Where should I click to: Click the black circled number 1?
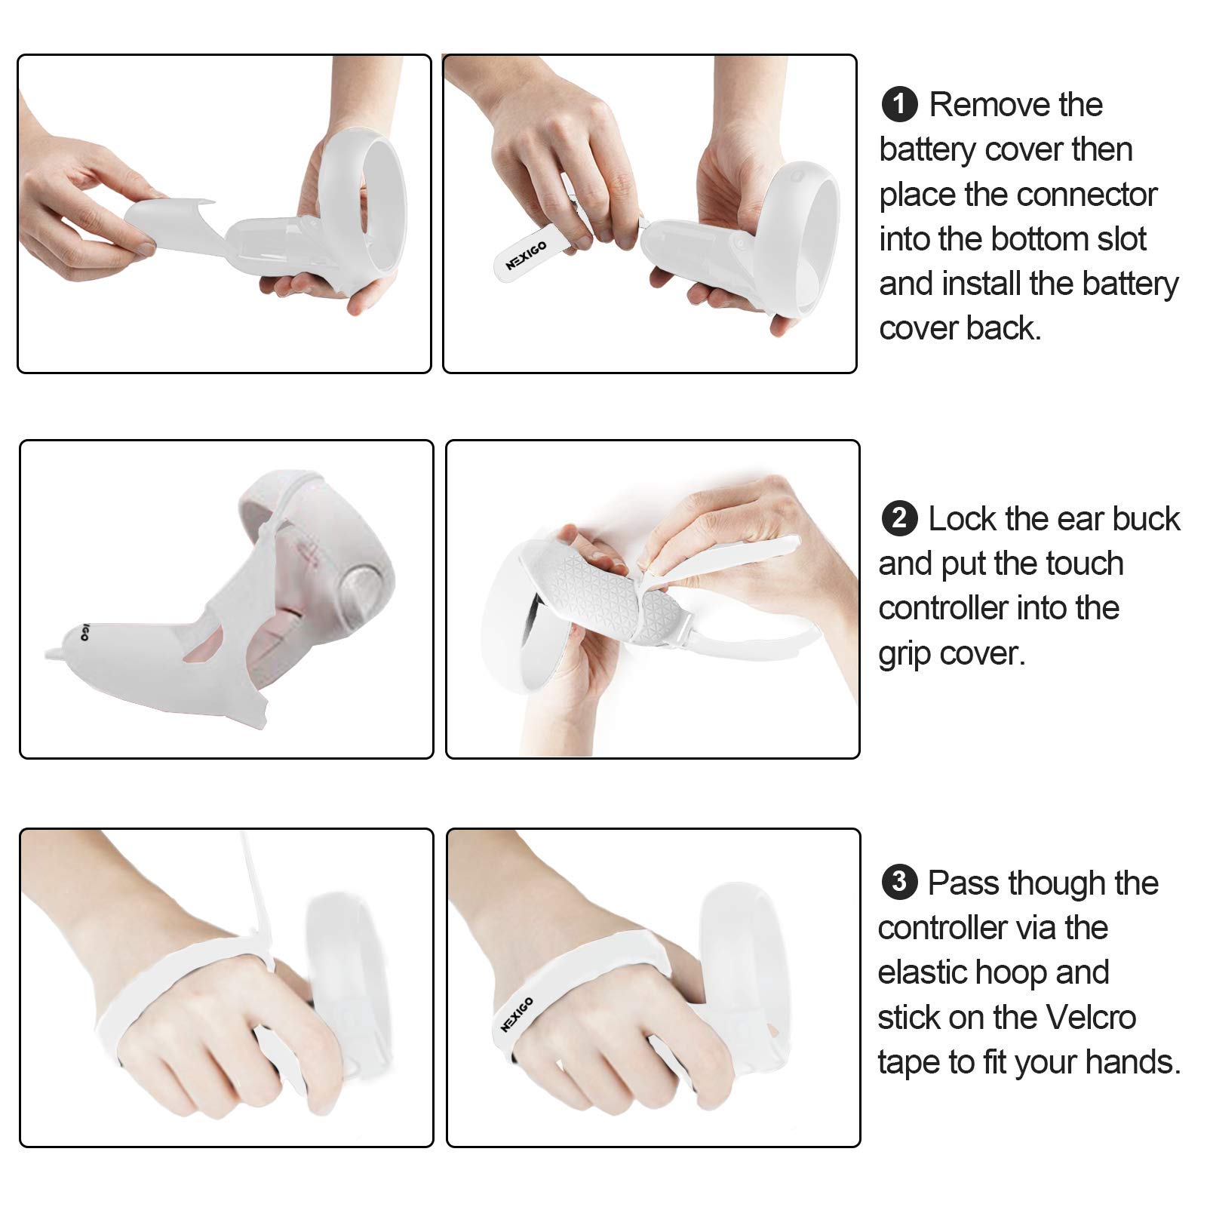pyautogui.click(x=898, y=104)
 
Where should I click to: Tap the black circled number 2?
pyautogui.click(x=898, y=519)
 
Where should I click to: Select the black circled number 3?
pyautogui.click(x=898, y=882)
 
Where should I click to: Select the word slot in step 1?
pyautogui.click(x=1119, y=239)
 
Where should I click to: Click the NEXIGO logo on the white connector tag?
pyautogui.click(x=526, y=256)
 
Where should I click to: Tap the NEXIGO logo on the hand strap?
pyautogui.click(x=517, y=1014)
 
